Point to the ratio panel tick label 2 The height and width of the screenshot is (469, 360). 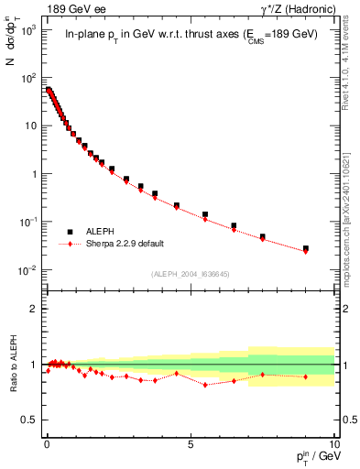35,309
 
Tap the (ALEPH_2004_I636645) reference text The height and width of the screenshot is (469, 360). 190,274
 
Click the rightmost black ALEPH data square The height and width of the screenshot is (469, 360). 306,248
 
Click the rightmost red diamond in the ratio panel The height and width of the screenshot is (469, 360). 306,376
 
